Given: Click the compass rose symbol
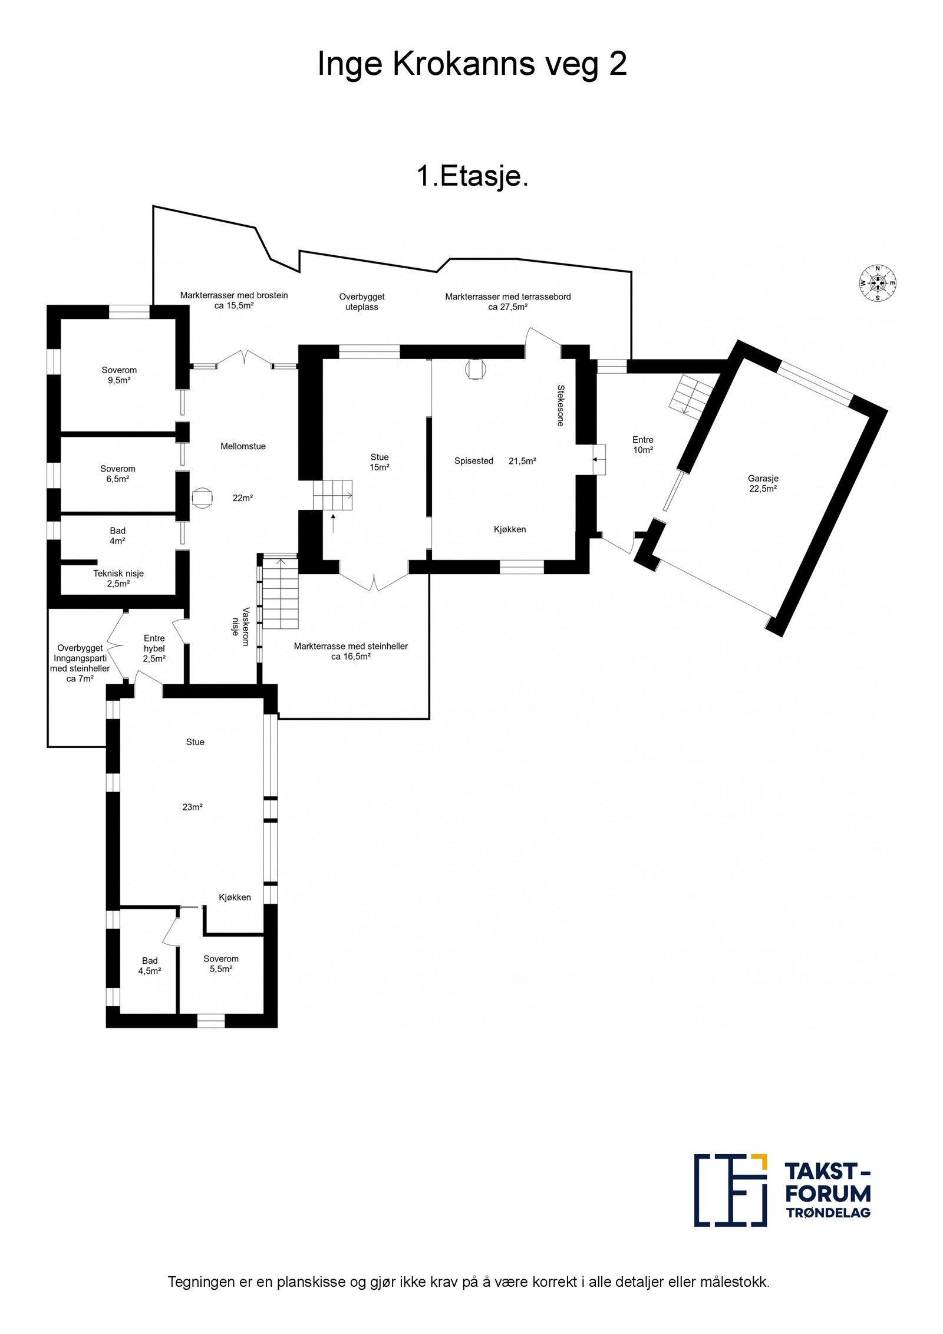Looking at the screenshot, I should [877, 283].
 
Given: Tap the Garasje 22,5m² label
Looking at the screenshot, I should [763, 483].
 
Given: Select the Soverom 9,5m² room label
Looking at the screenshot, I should [119, 375].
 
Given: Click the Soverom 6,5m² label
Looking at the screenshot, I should [118, 473].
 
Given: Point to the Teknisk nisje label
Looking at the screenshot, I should [118, 578].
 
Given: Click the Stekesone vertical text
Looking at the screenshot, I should [560, 406].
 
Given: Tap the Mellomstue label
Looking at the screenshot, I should [243, 446].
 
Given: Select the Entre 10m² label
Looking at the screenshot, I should [642, 444].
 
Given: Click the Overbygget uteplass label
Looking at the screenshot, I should [361, 302].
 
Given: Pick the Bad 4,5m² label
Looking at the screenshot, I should [150, 966].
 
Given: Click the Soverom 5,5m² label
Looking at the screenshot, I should [221, 963].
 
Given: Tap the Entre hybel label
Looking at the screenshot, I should [154, 648].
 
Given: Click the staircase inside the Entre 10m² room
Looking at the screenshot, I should [691, 394].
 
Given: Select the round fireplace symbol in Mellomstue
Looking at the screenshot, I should [202, 498].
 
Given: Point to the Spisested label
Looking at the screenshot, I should [473, 461].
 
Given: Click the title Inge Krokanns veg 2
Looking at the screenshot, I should [471, 64].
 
